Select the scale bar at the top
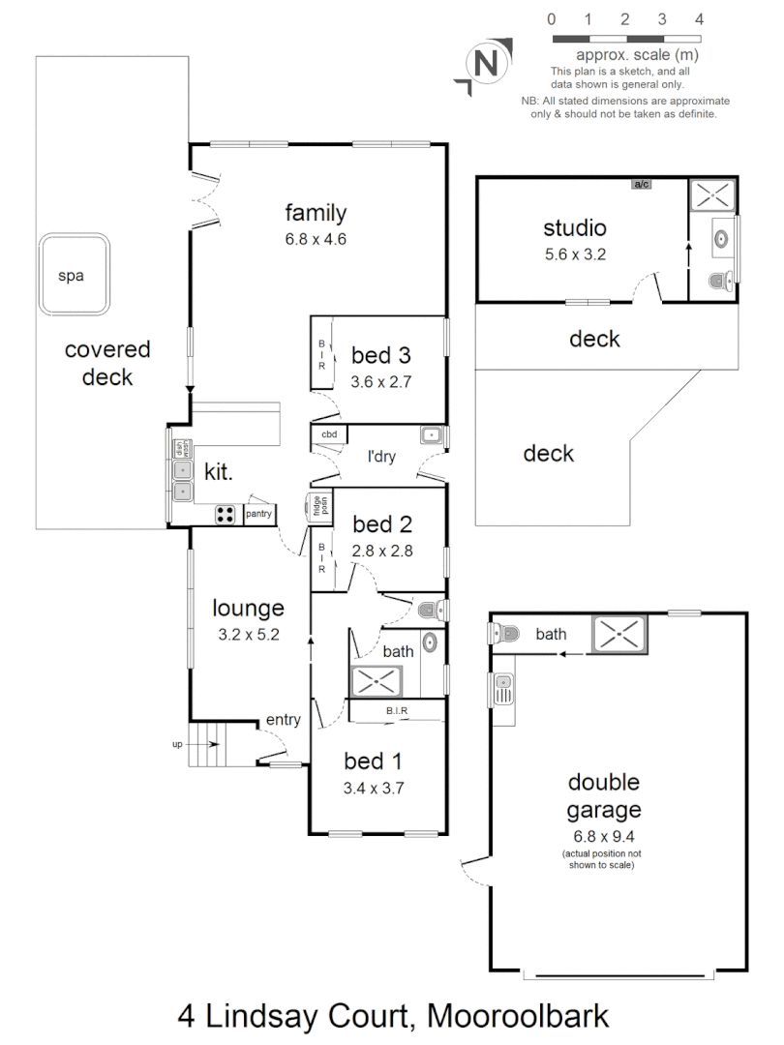625,39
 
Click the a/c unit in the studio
640,184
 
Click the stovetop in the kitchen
226,515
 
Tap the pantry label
258,514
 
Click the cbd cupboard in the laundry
329,435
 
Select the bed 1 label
373,761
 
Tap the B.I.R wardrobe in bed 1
397,712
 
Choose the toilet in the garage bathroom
504,635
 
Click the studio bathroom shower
712,193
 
